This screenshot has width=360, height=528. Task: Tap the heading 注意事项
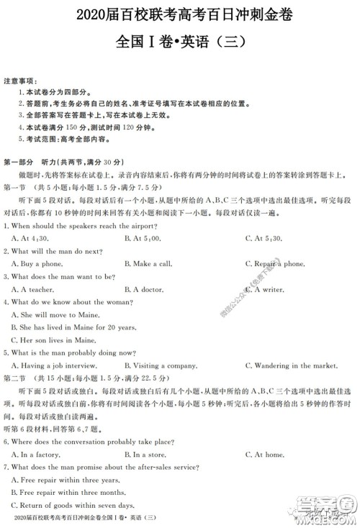[21, 81]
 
